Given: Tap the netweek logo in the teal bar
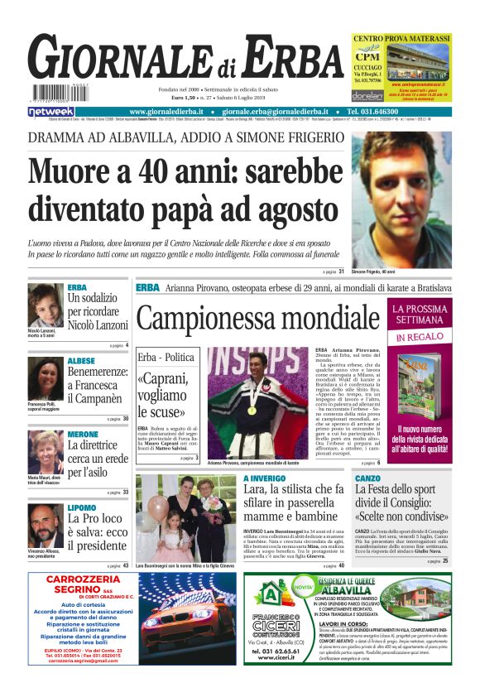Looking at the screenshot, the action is click(52, 111).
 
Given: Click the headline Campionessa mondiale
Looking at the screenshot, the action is click(257, 318).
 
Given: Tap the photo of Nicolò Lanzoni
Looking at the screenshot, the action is click(45, 305).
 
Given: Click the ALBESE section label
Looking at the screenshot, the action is click(81, 362).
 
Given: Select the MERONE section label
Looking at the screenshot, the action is click(83, 435).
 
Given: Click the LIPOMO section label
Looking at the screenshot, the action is click(81, 507).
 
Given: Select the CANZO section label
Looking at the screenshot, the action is click(367, 478).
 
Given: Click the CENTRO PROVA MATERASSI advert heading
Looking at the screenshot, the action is click(401, 38).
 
